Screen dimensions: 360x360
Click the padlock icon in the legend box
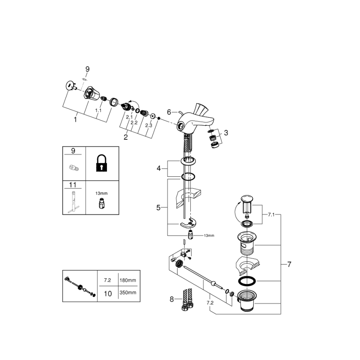[101, 163]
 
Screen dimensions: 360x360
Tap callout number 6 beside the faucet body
[169, 112]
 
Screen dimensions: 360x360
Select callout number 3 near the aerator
[226, 133]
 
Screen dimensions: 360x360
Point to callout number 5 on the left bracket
[158, 207]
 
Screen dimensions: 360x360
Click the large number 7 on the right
[289, 265]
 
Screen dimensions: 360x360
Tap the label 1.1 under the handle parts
[98, 111]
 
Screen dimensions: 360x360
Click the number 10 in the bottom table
[107, 294]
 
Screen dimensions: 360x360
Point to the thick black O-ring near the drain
[248, 281]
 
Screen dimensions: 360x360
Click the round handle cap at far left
[69, 85]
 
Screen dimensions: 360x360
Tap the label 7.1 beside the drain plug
[272, 215]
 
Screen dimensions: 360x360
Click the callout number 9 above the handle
[87, 69]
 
